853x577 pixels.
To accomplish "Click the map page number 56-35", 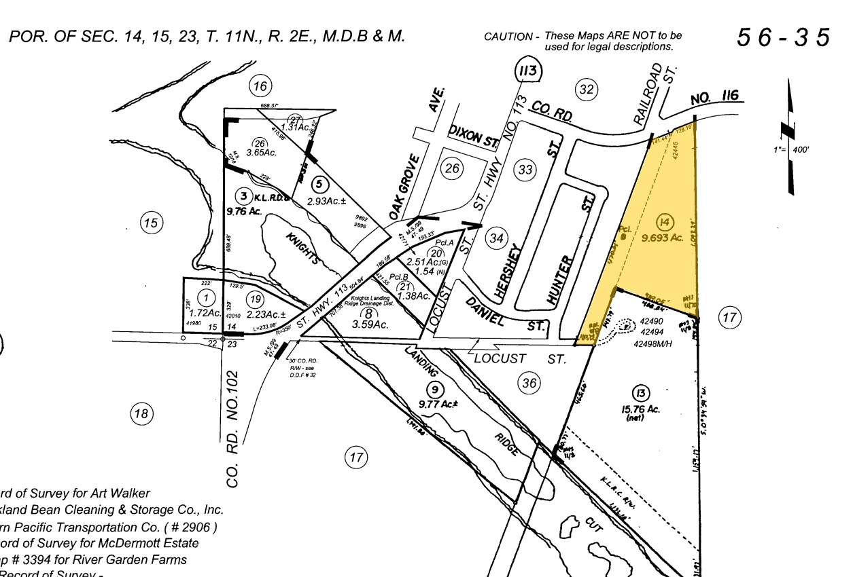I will pyautogui.click(x=783, y=37).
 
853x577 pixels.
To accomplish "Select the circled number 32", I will pyautogui.click(x=585, y=89).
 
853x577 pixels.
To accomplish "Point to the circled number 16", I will pyautogui.click(x=260, y=86).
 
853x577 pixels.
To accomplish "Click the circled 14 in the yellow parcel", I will pyautogui.click(x=665, y=221).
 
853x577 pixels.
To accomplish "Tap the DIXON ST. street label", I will pyautogui.click(x=474, y=137).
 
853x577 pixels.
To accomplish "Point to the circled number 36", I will pyautogui.click(x=529, y=384).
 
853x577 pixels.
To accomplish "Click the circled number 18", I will pyautogui.click(x=141, y=413).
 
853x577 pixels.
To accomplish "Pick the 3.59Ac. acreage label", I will pyautogui.click(x=370, y=325).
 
